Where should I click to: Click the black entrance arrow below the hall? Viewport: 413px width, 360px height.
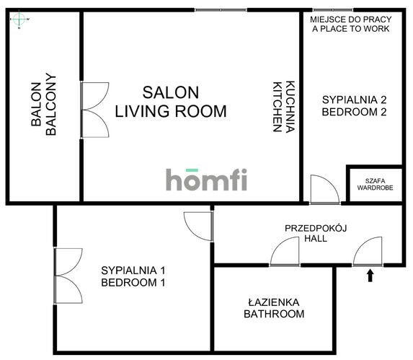click(x=370, y=275)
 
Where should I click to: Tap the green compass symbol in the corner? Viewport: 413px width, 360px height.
click(x=19, y=21)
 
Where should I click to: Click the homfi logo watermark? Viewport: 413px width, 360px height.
click(x=206, y=180)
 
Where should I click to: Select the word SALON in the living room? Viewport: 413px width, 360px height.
click(x=171, y=92)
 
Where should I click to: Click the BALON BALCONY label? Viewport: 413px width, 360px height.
click(x=44, y=107)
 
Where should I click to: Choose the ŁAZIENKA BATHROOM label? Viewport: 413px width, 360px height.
click(x=273, y=308)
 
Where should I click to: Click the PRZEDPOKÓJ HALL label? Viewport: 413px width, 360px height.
click(x=316, y=232)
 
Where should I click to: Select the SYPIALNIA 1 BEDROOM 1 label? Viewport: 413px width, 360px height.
click(x=133, y=276)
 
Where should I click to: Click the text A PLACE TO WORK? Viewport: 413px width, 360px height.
click(x=351, y=29)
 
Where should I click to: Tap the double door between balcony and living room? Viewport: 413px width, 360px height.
click(x=94, y=110)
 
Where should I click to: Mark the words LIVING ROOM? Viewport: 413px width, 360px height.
click(x=171, y=112)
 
